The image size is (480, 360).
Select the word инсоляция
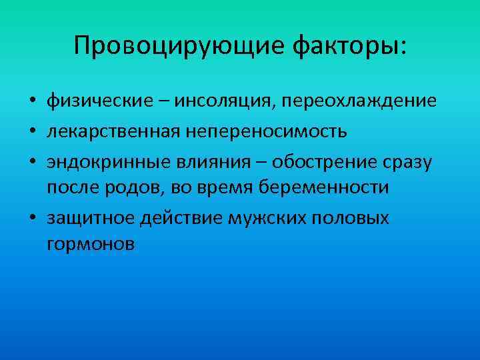[x=225, y=101]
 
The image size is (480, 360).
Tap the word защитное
[x=89, y=217]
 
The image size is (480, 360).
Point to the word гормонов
[x=91, y=245]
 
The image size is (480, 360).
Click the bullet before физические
[x=32, y=102]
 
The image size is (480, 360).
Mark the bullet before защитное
[x=32, y=217]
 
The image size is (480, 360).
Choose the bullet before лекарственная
[x=32, y=131]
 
